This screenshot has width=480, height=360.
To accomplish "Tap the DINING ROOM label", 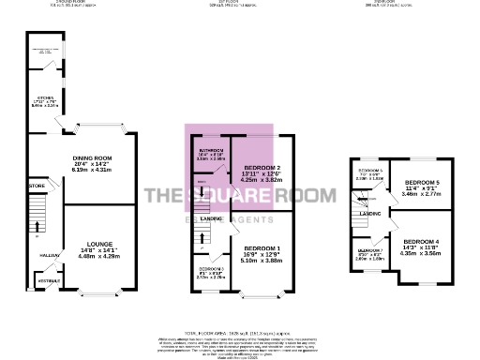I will [97, 157].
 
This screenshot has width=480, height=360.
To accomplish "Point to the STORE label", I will [37, 187].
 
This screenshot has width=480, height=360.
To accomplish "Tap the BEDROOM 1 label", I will [249, 248].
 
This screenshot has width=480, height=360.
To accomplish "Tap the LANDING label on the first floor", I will [211, 218].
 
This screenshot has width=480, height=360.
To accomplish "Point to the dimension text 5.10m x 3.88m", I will [249, 261].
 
